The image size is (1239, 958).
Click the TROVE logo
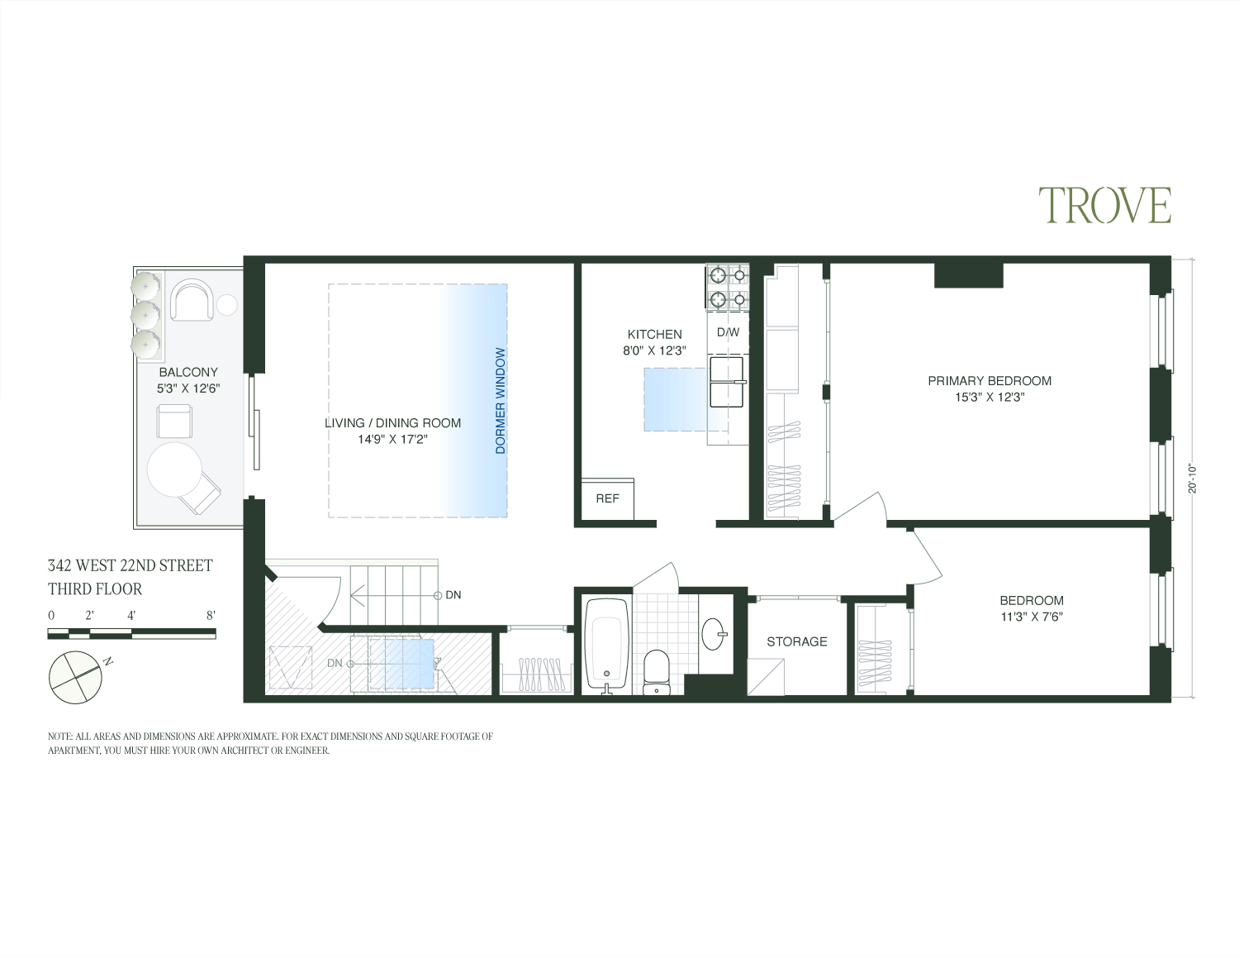click(x=1104, y=205)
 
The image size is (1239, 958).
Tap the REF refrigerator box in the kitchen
click(x=607, y=498)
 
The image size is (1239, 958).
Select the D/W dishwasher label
click(x=728, y=332)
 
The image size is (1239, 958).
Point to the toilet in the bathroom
click(x=657, y=671)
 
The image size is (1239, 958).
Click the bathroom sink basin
click(x=714, y=635)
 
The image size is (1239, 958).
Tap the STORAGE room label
click(x=796, y=641)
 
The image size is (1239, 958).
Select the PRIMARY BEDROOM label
click(x=989, y=381)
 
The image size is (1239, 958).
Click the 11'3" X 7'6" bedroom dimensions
click(x=1031, y=617)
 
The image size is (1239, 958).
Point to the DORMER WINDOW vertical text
click(x=500, y=401)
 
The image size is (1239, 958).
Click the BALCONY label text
click(x=188, y=373)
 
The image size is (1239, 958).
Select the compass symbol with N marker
click(x=76, y=674)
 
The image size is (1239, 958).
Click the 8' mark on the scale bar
click(x=211, y=616)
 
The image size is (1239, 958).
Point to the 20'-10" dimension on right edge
click(x=1192, y=478)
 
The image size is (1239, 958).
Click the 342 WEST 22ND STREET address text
click(x=130, y=566)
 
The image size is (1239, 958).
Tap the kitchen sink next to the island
click(x=727, y=382)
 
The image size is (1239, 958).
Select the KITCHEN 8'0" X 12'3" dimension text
click(x=655, y=350)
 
